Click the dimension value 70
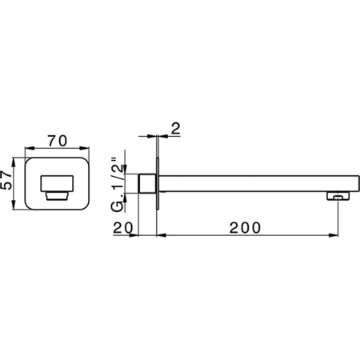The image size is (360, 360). [x=58, y=141]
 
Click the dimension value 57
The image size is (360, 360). [x=6, y=180]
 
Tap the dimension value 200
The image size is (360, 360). [x=245, y=228]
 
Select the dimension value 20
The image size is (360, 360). [x=123, y=228]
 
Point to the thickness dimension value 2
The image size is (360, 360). [x=176, y=129]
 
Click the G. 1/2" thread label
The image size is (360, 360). [x=118, y=185]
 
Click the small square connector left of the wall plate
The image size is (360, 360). [x=147, y=183]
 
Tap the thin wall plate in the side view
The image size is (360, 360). [x=158, y=183]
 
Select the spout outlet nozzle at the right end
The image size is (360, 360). [x=338, y=196]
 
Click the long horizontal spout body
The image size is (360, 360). [x=259, y=184]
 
